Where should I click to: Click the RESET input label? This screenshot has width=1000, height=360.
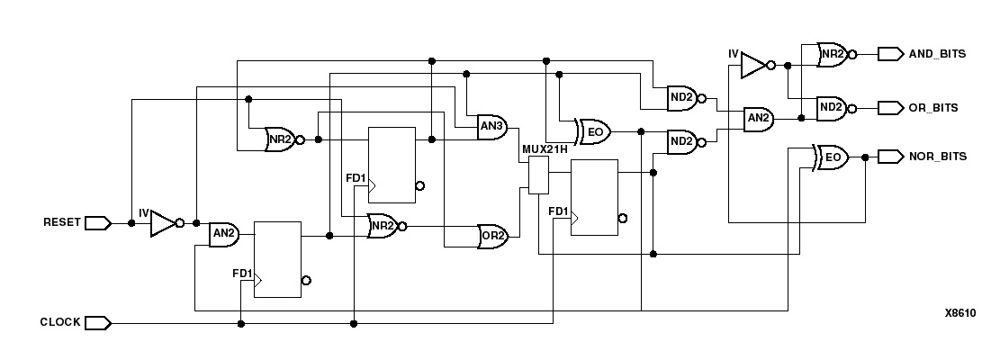(61, 221)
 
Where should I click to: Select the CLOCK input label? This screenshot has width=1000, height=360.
(60, 322)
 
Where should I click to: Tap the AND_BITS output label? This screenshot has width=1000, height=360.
(937, 54)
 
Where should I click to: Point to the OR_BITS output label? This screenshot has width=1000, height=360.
(933, 108)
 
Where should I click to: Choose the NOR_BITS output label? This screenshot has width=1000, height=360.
(937, 157)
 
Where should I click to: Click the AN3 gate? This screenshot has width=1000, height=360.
(491, 127)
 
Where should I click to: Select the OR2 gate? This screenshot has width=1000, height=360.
(492, 236)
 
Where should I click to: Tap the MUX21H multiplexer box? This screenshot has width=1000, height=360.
(538, 175)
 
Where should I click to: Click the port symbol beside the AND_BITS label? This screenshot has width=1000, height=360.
(890, 54)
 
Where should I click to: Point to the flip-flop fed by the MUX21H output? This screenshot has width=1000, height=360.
(594, 197)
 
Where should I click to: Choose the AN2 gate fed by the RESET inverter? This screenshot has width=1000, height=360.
(222, 236)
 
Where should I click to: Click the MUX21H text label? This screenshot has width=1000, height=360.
(545, 149)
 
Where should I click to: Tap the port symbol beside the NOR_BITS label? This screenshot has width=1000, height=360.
(890, 157)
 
